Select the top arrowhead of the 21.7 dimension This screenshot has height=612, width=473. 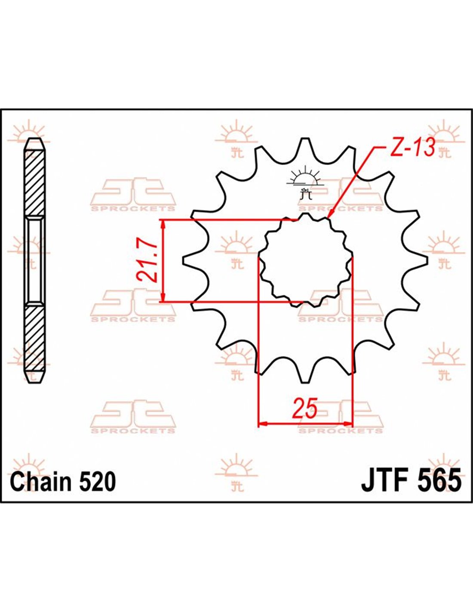pos(163,225)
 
